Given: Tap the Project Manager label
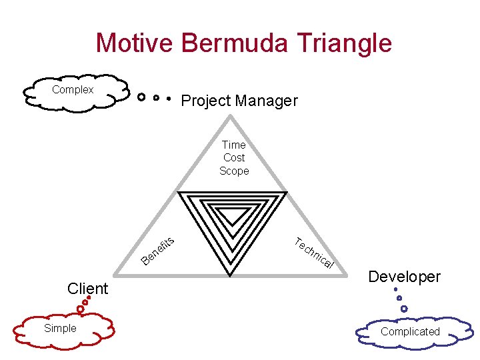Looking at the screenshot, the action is point(239,101).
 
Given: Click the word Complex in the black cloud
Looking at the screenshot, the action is point(73,89).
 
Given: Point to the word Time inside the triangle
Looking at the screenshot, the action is point(234,145).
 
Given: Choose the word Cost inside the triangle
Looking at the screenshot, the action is point(234,158).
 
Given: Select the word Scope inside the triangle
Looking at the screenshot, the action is point(234,171).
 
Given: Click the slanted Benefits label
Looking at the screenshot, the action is point(159,249).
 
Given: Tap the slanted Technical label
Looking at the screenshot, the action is point(313,253).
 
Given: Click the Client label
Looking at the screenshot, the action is point(87,289).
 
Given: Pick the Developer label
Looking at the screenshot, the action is point(405,277).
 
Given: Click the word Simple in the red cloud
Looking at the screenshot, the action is point(60,328).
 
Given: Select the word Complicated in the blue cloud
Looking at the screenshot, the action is point(410,331).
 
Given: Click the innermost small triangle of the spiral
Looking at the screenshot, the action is point(233,215).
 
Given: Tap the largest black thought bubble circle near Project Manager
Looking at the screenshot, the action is point(141,97).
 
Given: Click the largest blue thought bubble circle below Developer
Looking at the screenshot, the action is point(403,309).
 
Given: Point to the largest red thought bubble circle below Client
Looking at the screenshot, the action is point(80,309).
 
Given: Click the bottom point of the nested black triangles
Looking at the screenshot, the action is point(231,273).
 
